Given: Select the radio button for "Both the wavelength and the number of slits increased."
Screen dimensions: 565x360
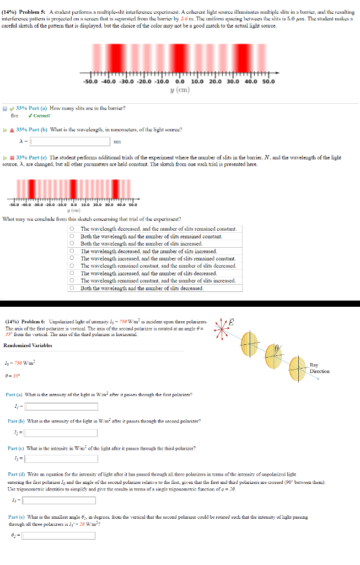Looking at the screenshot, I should click(x=72, y=243).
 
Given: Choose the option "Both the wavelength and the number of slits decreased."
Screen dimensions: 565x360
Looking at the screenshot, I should click(x=72, y=288).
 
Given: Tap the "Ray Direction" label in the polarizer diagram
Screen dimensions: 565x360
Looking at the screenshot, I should click(x=320, y=368).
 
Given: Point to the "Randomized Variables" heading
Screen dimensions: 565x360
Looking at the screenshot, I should click(x=28, y=345).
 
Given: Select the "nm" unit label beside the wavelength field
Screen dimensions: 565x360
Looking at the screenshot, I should click(x=116, y=142).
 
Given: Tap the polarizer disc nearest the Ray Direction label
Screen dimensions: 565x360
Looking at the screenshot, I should click(x=298, y=366).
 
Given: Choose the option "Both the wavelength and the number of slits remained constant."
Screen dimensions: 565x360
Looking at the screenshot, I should click(x=72, y=236).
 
